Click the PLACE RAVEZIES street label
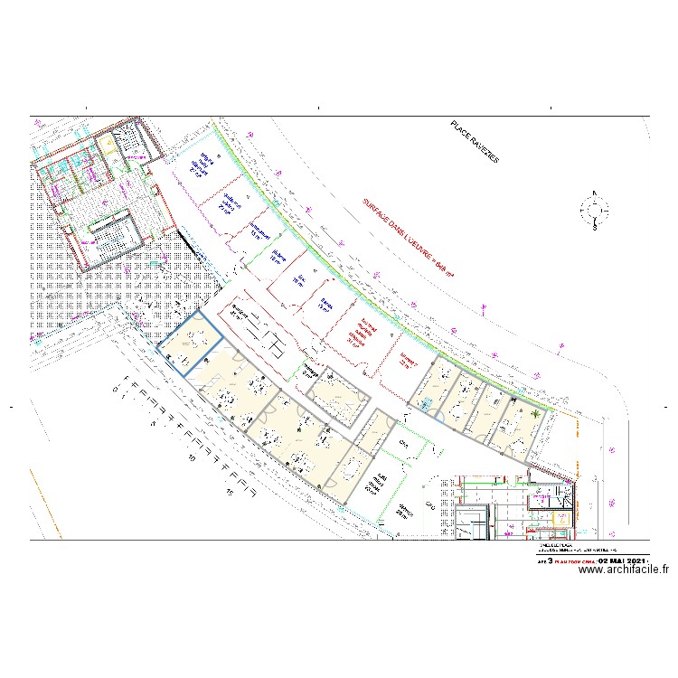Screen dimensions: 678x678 click(475, 142)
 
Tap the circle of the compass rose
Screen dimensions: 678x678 click(595, 212)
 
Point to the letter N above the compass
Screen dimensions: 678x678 click(595, 192)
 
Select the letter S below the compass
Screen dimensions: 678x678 click(595, 230)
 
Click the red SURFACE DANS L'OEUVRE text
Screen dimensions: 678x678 click(408, 236)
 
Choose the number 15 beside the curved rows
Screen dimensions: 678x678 click(231, 493)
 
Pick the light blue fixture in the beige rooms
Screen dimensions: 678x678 click(425, 405)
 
